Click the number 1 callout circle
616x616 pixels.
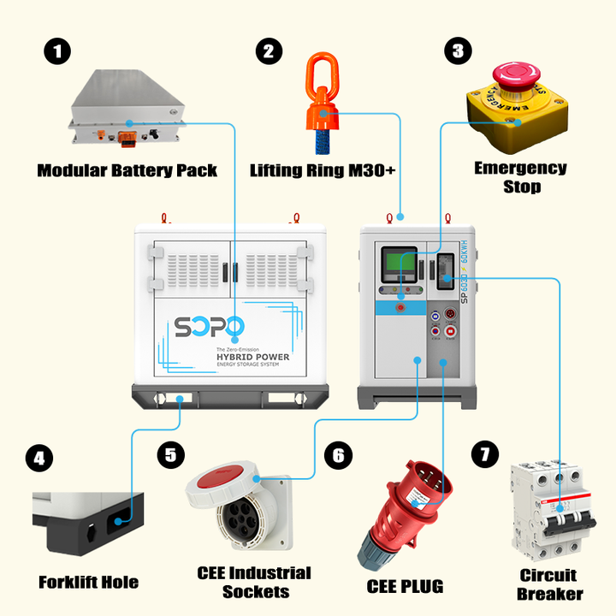tap(57, 51)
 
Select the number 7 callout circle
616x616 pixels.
tap(485, 454)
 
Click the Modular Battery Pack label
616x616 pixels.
tap(127, 170)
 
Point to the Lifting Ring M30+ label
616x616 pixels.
tap(323, 170)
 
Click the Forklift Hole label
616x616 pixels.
tap(88, 583)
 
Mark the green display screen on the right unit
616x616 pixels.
tap(394, 265)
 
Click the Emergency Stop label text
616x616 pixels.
tap(520, 177)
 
